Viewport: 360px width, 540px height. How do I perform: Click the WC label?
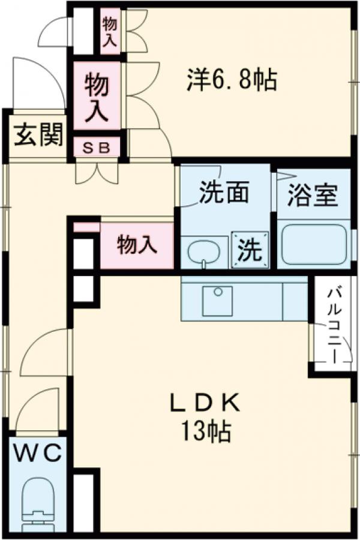click(x=37, y=454)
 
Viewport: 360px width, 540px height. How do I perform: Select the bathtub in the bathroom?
click(x=314, y=244)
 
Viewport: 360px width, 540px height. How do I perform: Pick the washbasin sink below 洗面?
click(x=204, y=253)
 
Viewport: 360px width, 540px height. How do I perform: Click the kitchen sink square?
click(x=217, y=301)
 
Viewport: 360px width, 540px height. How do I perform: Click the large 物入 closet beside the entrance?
click(x=97, y=96)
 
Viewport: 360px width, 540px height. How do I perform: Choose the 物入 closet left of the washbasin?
click(x=137, y=245)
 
